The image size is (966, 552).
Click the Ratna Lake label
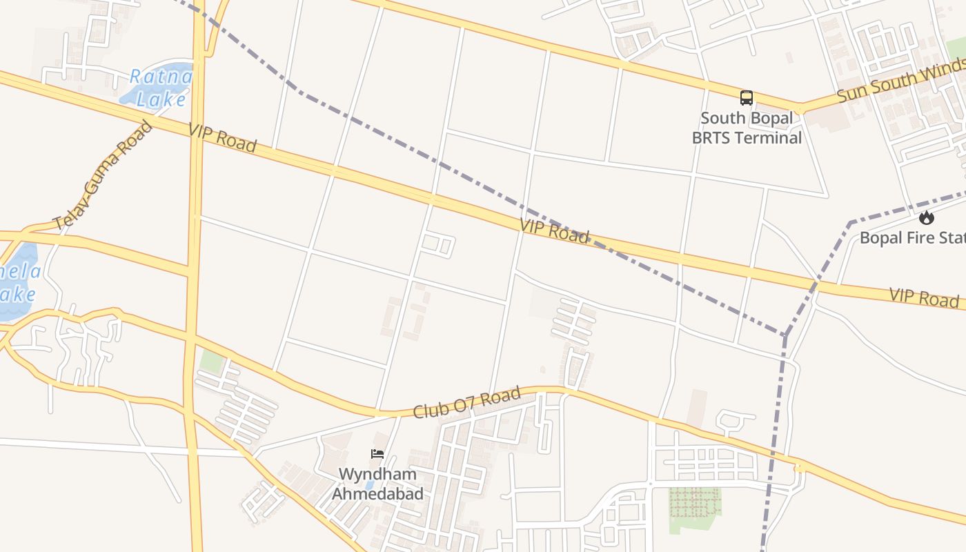(160, 88)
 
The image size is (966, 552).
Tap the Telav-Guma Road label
(102, 177)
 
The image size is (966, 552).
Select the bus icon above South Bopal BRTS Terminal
(747, 98)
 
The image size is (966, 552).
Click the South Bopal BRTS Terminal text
(747, 128)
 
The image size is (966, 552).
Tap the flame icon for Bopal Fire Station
(926, 218)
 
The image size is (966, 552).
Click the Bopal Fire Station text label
(911, 238)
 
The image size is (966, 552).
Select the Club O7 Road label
(466, 403)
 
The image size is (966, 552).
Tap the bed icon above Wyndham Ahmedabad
(377, 454)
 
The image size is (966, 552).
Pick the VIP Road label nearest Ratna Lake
(222, 138)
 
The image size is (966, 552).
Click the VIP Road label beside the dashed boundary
(555, 230)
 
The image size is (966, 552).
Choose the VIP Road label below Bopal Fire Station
(923, 297)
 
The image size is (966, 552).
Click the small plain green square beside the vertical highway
(210, 362)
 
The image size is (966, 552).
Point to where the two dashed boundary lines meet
(785, 336)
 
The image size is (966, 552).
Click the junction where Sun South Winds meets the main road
(799, 109)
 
